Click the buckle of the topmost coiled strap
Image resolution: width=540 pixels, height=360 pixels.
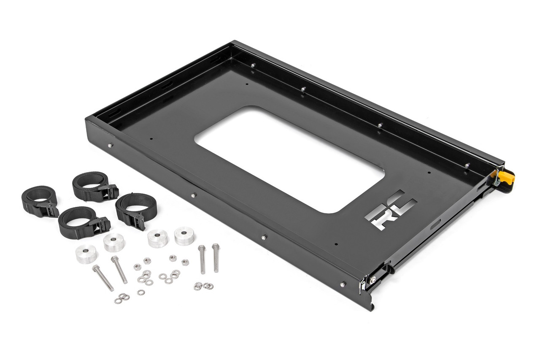(x=108, y=192)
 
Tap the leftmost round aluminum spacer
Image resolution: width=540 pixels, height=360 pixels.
(x=86, y=254)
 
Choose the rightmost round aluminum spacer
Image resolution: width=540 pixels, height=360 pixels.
(x=184, y=235)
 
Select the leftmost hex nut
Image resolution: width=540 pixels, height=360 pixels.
(x=137, y=267)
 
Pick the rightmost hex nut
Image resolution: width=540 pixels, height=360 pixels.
(x=185, y=262)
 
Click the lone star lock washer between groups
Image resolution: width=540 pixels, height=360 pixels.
(x=140, y=292)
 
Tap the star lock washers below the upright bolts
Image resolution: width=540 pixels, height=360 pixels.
(x=203, y=286)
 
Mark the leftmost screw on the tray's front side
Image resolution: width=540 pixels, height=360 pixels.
(x=110, y=146)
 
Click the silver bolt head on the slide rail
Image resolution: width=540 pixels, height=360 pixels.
(x=373, y=279)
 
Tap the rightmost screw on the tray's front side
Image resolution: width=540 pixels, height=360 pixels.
(x=342, y=284)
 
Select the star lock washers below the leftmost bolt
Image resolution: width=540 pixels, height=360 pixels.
(x=121, y=298)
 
